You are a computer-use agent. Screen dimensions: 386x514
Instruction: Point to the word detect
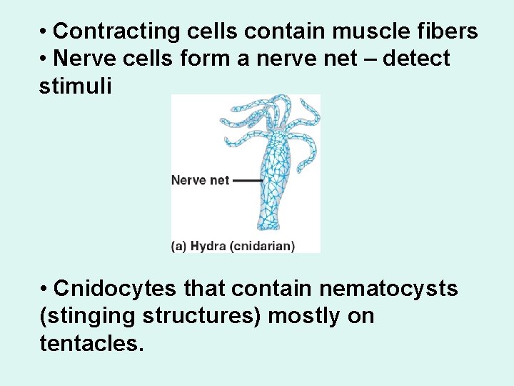416,58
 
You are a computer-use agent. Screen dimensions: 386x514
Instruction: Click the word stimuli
76,86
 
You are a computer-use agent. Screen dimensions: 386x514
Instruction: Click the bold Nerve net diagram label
200,180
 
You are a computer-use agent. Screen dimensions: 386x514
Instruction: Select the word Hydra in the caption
208,246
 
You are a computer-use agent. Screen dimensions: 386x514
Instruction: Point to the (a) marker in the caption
179,246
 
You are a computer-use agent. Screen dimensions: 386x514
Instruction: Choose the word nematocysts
388,289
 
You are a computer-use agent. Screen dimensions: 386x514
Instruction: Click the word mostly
305,316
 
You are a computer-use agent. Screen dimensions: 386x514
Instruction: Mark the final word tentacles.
91,343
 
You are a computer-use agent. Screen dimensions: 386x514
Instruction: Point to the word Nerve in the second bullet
83,58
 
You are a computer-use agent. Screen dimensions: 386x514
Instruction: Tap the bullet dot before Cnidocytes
44,289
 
